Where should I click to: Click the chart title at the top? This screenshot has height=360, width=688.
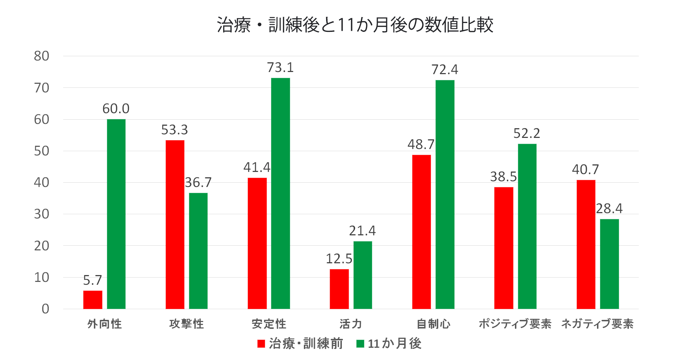pyautogui.click(x=355, y=25)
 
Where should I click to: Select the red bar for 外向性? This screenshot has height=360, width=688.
pyautogui.click(x=92, y=300)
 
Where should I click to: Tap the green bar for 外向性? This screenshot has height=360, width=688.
pyautogui.click(x=116, y=214)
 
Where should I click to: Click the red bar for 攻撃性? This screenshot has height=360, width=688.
pyautogui.click(x=175, y=225)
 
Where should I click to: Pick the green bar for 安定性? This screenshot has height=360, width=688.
pyautogui.click(x=280, y=193)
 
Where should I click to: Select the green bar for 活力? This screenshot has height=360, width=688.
pyautogui.click(x=363, y=275)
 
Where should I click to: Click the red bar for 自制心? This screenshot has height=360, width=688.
pyautogui.click(x=421, y=232)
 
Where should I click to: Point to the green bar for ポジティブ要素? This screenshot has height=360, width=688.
pyautogui.click(x=527, y=226)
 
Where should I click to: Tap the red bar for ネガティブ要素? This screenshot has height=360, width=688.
pyautogui.click(x=586, y=244)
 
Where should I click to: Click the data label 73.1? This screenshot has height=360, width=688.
pyautogui.click(x=280, y=67)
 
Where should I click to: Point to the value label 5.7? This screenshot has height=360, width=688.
pyautogui.click(x=92, y=280)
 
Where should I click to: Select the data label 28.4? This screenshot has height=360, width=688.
pyautogui.click(x=609, y=208)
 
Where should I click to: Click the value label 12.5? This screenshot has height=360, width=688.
pyautogui.click(x=339, y=259)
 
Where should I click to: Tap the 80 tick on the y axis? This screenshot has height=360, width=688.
pyautogui.click(x=42, y=56)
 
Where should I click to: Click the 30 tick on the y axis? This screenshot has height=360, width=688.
pyautogui.click(x=42, y=214)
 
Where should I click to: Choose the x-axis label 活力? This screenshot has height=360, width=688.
pyautogui.click(x=351, y=324)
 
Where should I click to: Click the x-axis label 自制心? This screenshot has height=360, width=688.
pyautogui.click(x=433, y=324)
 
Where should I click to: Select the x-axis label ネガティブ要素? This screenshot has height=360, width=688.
pyautogui.click(x=597, y=324)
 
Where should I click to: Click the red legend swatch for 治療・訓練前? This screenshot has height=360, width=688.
pyautogui.click(x=261, y=344)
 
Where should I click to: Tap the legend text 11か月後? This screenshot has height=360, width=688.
pyautogui.click(x=395, y=344)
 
